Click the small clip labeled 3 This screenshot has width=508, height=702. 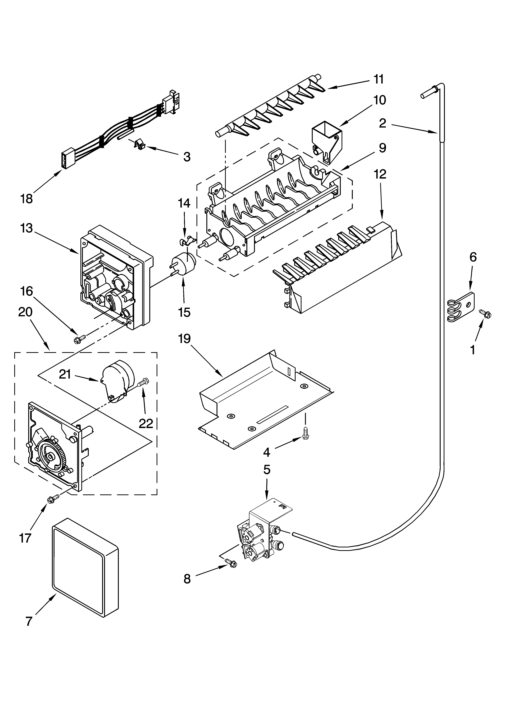pyautogui.click(x=140, y=144)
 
